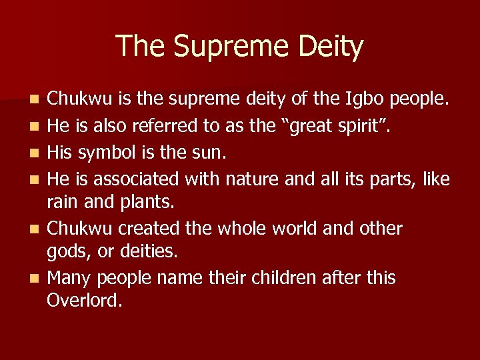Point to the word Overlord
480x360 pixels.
point(85,300)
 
